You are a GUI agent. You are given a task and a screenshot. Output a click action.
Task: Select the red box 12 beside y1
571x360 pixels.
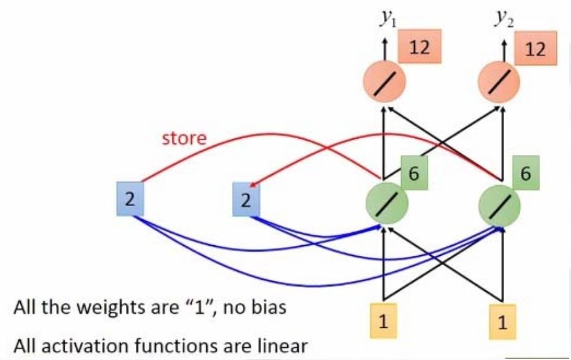(420, 48)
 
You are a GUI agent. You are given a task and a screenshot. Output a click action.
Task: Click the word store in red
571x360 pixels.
(185, 138)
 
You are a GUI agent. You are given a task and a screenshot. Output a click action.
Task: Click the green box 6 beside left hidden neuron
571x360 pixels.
(414, 174)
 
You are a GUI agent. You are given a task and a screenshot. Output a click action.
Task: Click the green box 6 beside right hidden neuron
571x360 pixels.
(526, 174)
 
